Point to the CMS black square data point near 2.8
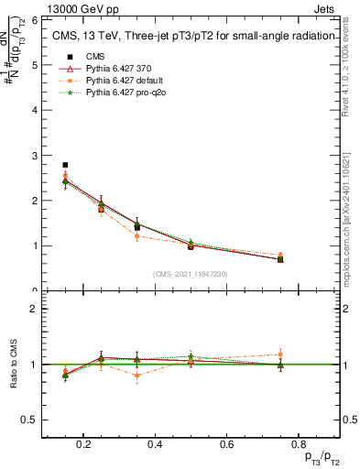(x=65, y=165)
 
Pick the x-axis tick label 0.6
(x=224, y=443)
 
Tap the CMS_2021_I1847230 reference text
(x=190, y=273)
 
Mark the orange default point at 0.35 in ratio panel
(x=136, y=375)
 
